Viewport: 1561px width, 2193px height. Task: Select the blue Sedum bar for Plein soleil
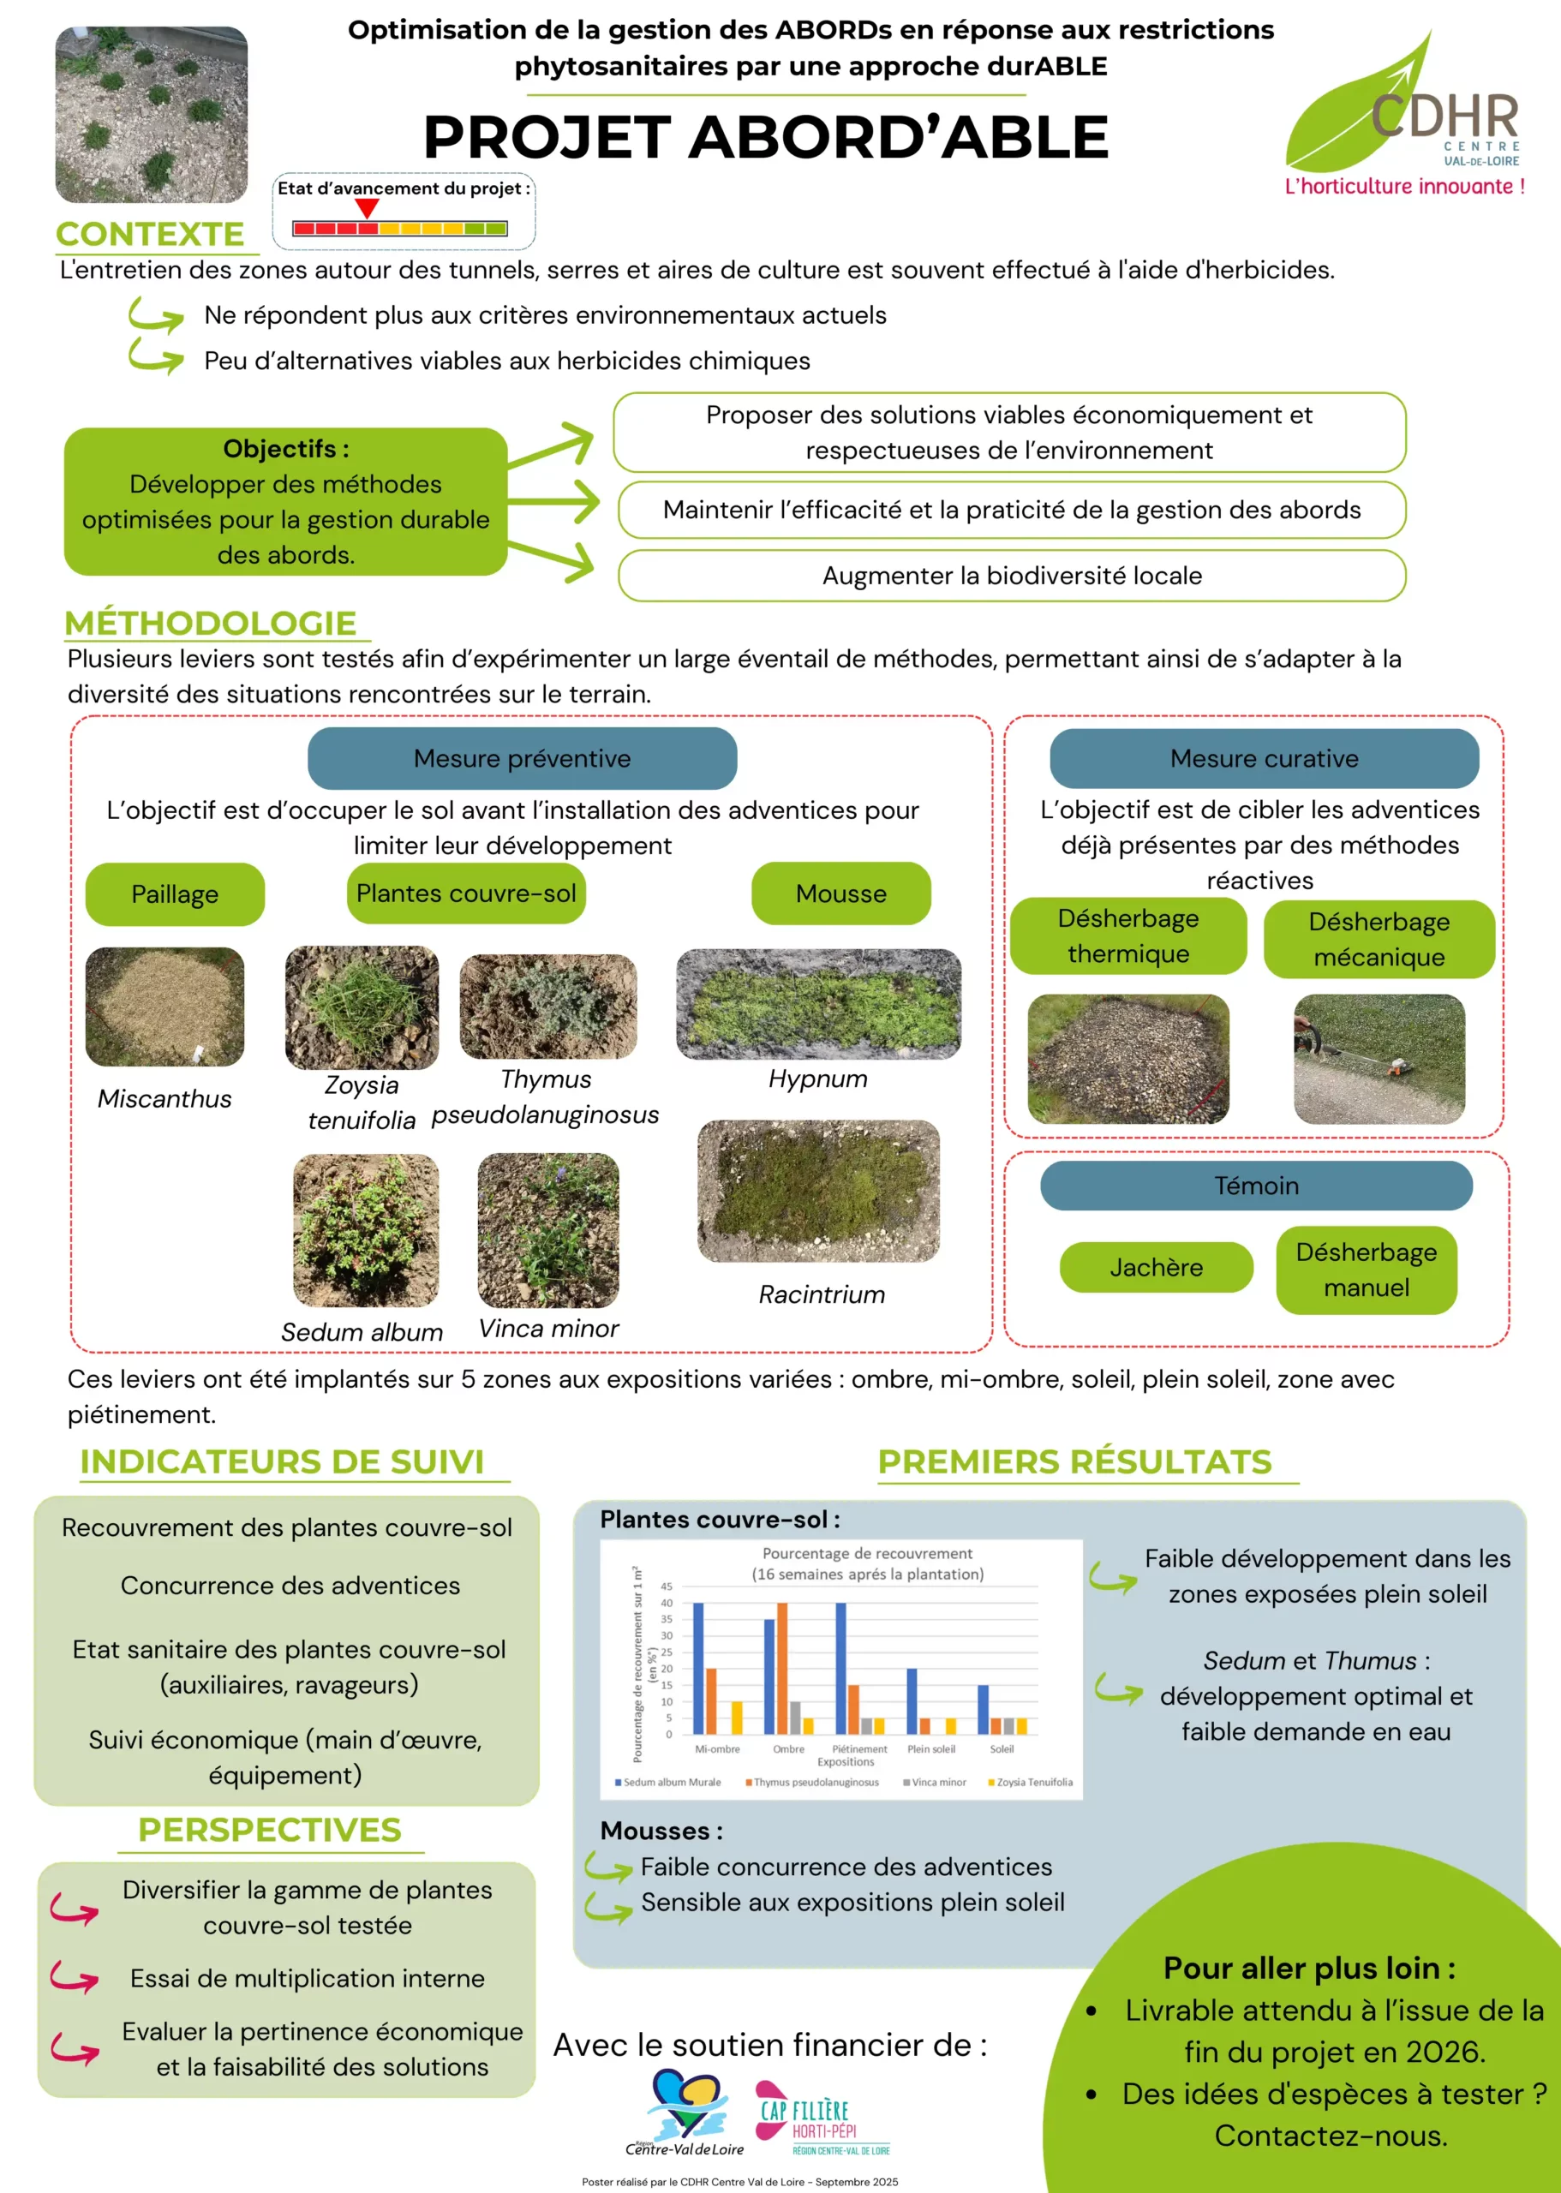click(x=912, y=1700)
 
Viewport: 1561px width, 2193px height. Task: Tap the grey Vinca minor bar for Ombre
click(x=795, y=1717)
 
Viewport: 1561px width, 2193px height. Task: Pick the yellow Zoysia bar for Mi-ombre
click(x=738, y=1717)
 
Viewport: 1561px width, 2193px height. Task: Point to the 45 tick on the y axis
click(x=666, y=1586)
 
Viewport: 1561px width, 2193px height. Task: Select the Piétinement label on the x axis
click(x=859, y=1749)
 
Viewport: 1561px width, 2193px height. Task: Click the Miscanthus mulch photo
click(x=164, y=1007)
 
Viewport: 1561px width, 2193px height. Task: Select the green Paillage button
click(x=175, y=893)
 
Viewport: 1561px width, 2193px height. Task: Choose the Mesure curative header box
click(x=1264, y=758)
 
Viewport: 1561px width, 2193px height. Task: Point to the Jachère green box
click(x=1157, y=1268)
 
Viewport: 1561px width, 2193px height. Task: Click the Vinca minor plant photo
click(x=547, y=1230)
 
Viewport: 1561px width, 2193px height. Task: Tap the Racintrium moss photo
click(x=818, y=1191)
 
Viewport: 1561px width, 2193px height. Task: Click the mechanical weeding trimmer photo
click(x=1379, y=1059)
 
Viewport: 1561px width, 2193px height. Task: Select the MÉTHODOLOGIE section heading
click(x=211, y=623)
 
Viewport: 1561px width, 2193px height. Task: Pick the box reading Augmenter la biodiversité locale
click(x=1011, y=576)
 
